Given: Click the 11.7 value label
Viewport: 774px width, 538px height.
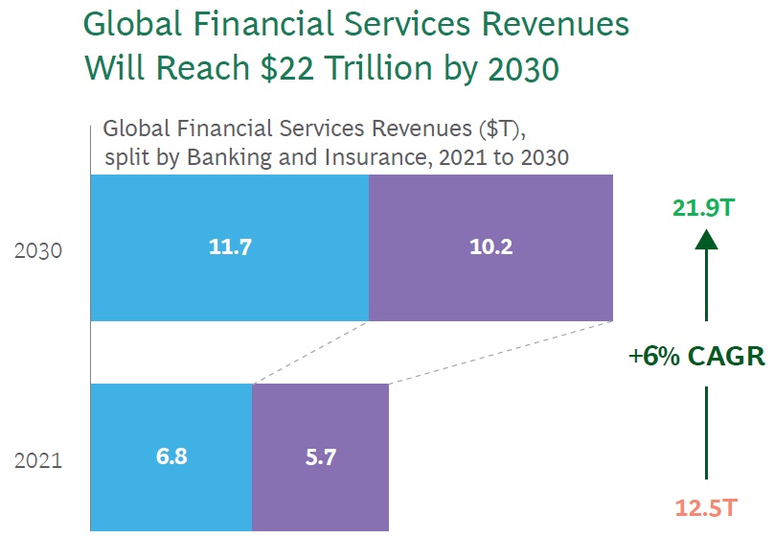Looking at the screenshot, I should [x=230, y=247].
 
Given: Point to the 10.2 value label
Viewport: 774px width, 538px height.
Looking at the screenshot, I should [x=491, y=247].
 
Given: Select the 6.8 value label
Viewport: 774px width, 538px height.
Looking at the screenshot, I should [x=171, y=456].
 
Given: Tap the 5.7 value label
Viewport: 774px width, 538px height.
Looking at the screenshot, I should [x=320, y=456].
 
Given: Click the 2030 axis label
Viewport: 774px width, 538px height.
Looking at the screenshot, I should [x=38, y=251].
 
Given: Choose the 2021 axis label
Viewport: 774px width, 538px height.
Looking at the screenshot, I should [x=38, y=460].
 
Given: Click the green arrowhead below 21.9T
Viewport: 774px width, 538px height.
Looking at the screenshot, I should [x=706, y=238].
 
